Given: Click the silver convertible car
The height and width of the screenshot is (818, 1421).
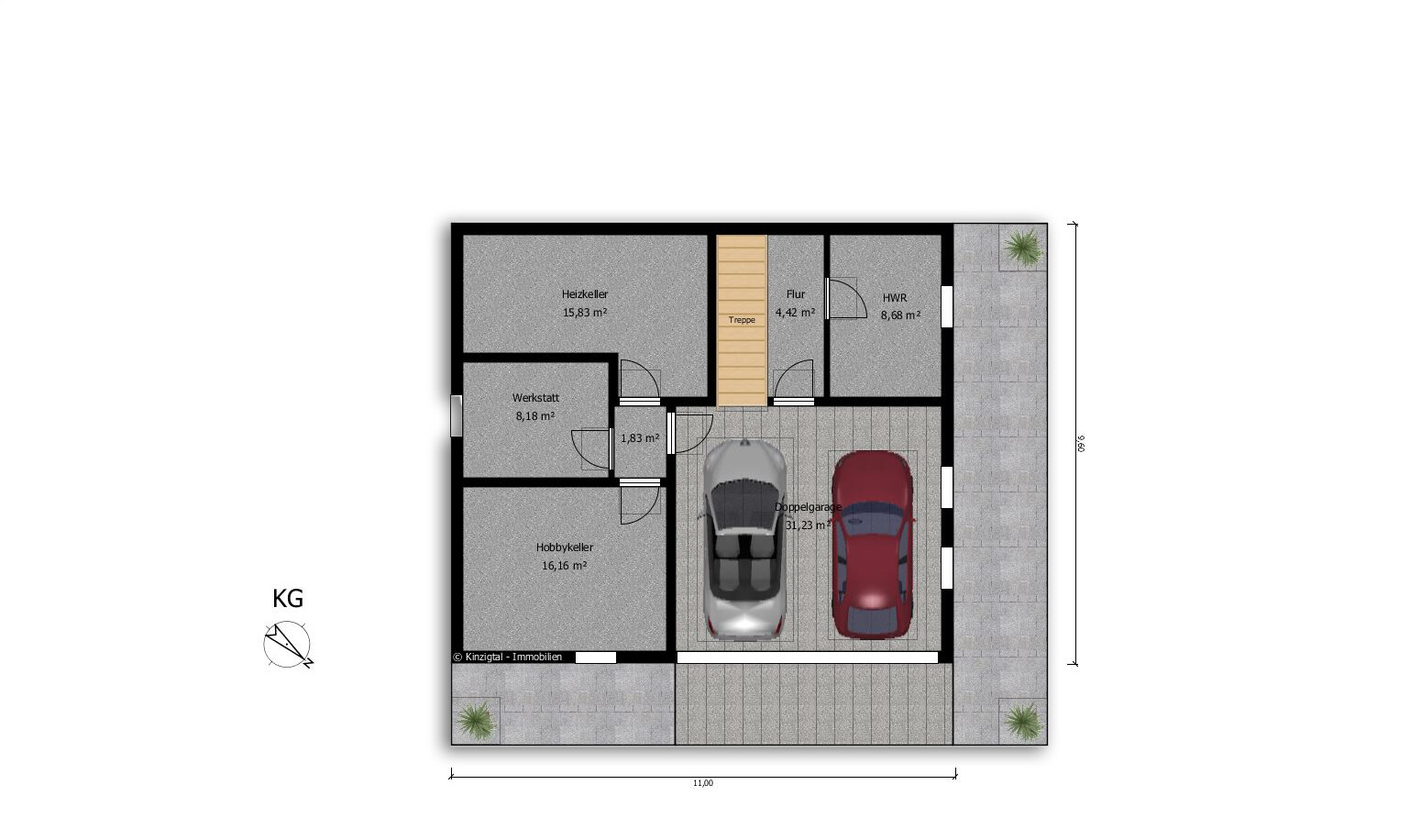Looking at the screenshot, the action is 744,538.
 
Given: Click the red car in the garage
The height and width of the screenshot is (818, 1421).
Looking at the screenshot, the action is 872,544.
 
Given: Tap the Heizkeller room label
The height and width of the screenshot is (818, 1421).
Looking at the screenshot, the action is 584,294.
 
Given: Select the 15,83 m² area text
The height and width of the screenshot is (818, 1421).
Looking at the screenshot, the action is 584,312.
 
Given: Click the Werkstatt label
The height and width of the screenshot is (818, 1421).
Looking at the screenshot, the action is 535,398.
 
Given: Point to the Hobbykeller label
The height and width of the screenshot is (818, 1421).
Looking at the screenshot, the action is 564,547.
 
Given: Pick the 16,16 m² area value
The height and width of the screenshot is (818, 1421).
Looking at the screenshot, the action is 564,566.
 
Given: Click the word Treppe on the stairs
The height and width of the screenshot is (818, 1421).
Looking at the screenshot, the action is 742,320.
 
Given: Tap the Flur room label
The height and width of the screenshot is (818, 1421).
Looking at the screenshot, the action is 795,294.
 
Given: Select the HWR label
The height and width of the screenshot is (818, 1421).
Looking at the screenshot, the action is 895,298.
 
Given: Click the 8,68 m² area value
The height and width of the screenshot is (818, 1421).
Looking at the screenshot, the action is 900,315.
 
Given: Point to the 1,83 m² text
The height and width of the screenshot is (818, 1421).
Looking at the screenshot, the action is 640,437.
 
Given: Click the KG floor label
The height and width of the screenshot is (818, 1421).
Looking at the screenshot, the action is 288,599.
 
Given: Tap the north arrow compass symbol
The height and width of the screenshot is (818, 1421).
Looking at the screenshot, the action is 288,645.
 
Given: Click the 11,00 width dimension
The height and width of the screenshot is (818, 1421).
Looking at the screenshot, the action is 703,783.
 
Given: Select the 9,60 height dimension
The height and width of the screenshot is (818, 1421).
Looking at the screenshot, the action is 1082,444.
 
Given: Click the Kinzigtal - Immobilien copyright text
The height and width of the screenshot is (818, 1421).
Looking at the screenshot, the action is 508,657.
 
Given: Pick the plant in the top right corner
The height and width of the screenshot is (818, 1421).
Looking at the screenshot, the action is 1022,248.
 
